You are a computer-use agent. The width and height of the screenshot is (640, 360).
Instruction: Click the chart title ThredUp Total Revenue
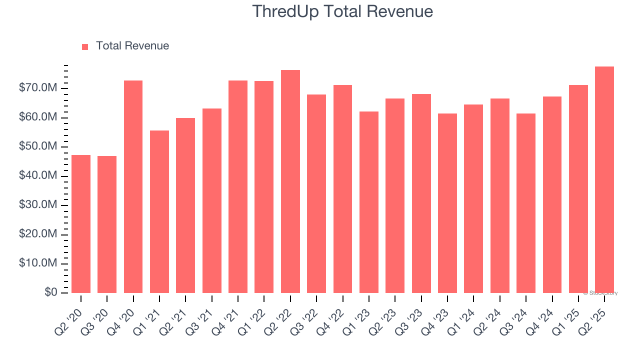point(342,11)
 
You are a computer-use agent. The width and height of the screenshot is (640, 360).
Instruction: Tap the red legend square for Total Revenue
point(85,46)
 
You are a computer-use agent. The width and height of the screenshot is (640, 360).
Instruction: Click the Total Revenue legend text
point(132,46)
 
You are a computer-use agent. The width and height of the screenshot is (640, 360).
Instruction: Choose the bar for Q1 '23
point(369,202)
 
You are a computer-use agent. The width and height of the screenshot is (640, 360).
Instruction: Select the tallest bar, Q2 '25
point(604,179)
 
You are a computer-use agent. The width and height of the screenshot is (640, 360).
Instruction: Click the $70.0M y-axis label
point(37,88)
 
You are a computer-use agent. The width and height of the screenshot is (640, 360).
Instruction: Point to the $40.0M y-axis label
point(37,176)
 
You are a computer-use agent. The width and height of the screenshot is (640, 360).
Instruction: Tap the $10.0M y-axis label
point(37,263)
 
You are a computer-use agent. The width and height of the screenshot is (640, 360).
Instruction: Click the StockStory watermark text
point(600,293)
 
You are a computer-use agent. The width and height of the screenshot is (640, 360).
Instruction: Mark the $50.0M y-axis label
point(37,147)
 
